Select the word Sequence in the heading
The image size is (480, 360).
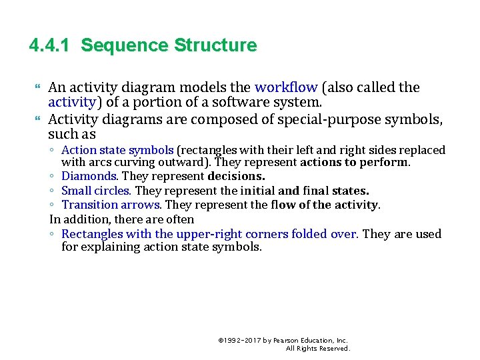coord(125,46)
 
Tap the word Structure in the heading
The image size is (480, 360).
coord(215,46)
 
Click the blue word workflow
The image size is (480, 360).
coord(286,87)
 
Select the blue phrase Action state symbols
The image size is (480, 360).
coord(117,150)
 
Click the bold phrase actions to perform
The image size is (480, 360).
coord(355,162)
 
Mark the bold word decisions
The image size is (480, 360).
coord(236,177)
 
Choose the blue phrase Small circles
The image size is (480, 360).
coord(97,191)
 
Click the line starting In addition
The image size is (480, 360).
coord(121,219)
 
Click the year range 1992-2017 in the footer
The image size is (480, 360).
coord(242,340)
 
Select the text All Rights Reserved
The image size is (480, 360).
coord(317,349)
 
